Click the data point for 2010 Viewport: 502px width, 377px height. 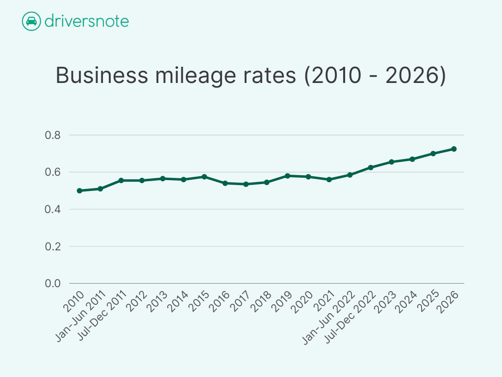(x=79, y=190)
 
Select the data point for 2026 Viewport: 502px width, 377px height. (x=454, y=149)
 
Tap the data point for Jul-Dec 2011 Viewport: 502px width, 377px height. (x=121, y=180)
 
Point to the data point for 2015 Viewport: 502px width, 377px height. (x=204, y=177)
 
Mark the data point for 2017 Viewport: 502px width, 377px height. (x=246, y=184)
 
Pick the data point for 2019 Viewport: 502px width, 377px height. (x=288, y=176)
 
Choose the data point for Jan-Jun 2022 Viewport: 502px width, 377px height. (x=350, y=175)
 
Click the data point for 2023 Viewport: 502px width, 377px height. (x=392, y=162)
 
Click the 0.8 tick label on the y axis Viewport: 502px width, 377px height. (x=53, y=135)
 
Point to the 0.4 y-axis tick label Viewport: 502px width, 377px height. (x=53, y=210)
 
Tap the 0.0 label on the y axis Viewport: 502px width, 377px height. (x=53, y=284)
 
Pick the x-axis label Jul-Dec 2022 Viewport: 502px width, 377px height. (x=350, y=317)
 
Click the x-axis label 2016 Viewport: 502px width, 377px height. (x=219, y=301)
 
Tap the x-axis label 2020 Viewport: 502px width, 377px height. (x=302, y=301)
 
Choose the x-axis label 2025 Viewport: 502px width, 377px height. (x=427, y=301)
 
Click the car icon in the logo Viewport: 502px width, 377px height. (x=31, y=22)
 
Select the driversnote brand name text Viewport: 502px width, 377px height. (x=86, y=22)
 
